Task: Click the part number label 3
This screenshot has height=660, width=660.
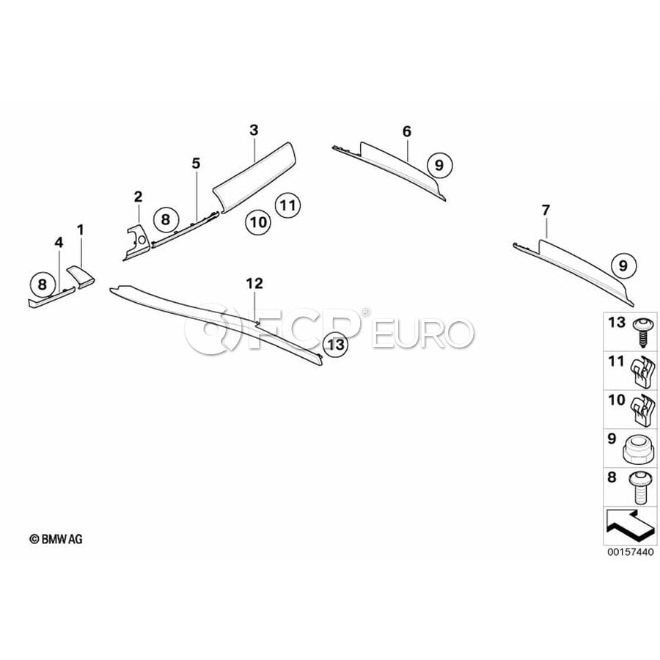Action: coord(254,130)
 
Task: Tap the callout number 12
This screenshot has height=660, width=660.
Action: coord(254,283)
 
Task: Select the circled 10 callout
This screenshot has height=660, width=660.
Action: coord(258,221)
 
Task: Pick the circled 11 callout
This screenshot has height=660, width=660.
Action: coord(287,205)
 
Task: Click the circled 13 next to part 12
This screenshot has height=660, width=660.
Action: coord(335,345)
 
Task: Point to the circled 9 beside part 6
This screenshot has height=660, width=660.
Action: coord(439,165)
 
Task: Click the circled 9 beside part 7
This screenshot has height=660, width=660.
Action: coord(623,265)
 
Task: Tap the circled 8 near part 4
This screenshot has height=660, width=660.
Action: coord(43,284)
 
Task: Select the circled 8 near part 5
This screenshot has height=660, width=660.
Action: coord(166,219)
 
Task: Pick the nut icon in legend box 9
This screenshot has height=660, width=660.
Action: coord(639,450)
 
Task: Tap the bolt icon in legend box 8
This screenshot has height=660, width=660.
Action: coord(640,488)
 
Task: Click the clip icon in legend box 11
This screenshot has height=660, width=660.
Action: coord(642,371)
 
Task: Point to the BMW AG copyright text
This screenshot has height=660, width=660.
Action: coord(56,539)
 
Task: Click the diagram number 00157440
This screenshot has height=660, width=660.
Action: coord(630,551)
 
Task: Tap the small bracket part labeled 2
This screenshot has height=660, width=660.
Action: coord(136,243)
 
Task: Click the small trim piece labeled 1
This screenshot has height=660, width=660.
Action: coord(81,276)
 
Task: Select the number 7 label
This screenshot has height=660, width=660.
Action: coord(546,210)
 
